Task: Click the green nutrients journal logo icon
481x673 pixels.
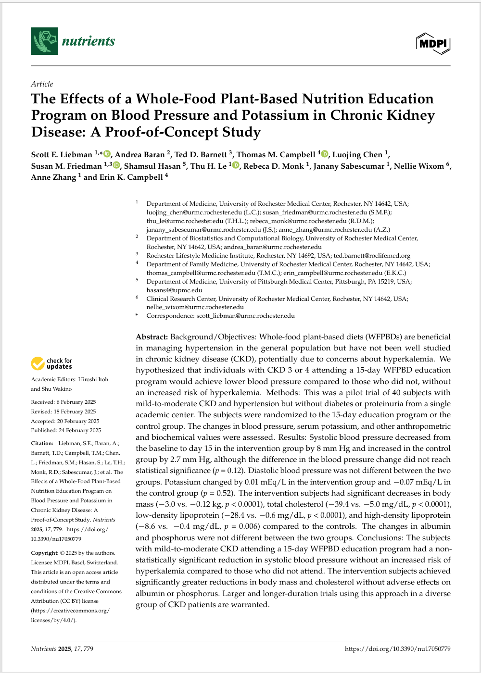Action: click(x=44, y=41)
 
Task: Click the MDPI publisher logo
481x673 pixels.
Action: click(x=433, y=44)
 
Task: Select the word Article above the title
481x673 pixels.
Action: click(x=42, y=84)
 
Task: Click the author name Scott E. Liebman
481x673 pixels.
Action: click(x=62, y=155)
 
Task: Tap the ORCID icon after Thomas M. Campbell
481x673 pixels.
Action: click(x=325, y=154)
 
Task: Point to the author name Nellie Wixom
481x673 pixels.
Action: click(x=419, y=166)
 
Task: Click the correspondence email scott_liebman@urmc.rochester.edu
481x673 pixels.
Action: click(x=245, y=316)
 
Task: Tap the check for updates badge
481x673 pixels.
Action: click(x=51, y=363)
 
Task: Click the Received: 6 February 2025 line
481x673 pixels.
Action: click(x=63, y=402)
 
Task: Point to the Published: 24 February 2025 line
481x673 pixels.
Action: click(x=66, y=430)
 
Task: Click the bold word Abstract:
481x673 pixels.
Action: click(x=152, y=337)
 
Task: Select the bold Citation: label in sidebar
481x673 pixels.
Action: click(x=42, y=443)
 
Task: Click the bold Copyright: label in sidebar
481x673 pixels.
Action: click(x=45, y=553)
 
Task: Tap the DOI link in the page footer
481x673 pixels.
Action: click(x=397, y=649)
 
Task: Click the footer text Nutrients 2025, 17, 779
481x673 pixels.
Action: click(x=62, y=649)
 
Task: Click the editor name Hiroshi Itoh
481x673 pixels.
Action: click(x=93, y=379)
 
